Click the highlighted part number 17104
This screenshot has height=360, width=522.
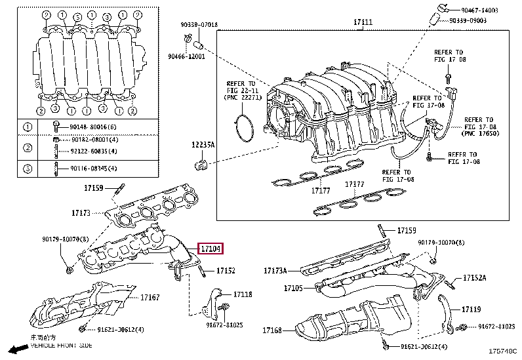(211, 249)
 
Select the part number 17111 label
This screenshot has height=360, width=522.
(363, 22)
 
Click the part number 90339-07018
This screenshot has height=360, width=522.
(199, 25)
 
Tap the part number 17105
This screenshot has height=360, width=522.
(293, 288)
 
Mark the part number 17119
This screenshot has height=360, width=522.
(471, 309)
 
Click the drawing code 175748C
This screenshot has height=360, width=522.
(502, 351)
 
